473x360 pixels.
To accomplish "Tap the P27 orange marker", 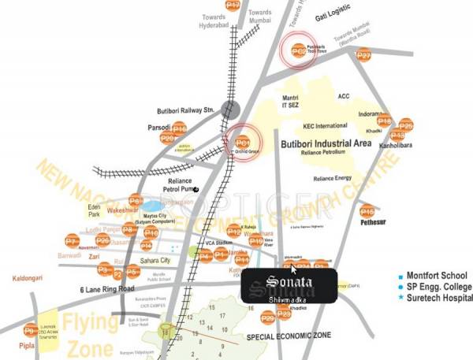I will (x=363, y=55).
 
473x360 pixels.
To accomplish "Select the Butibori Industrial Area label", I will (x=325, y=143).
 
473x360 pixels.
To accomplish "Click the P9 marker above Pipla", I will (x=30, y=331).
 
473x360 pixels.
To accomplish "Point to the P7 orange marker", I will (x=72, y=241).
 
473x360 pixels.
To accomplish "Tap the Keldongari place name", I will (x=32, y=280).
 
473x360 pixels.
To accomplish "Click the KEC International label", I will (x=325, y=126).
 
